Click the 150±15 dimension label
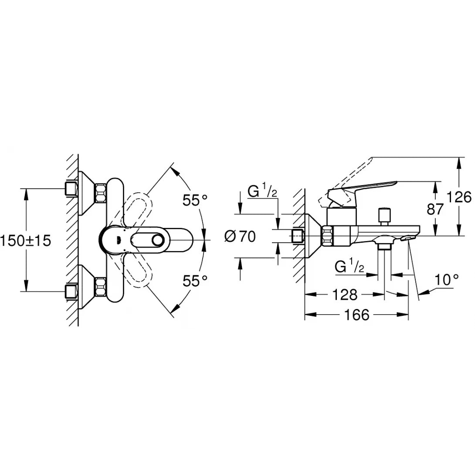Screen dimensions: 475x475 [26, 240]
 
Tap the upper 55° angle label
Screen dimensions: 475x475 [195, 200]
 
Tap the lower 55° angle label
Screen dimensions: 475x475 [195, 281]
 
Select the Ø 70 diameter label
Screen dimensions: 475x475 [240, 237]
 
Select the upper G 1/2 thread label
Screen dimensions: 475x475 [262, 191]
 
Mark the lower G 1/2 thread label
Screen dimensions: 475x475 [349, 266]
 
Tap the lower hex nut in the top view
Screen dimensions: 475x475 [101, 288]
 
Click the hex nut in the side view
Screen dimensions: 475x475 [328, 236]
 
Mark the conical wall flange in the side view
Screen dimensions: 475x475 [313, 236]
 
